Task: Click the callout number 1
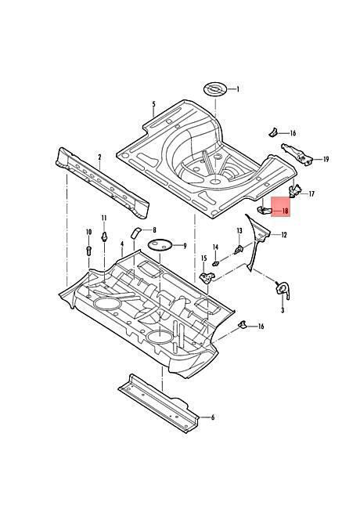pos(238,89)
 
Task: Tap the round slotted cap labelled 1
pos(215,89)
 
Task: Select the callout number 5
pos(153,104)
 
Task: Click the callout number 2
pos(99,157)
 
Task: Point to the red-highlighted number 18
pos(286,211)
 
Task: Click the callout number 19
pos(326,159)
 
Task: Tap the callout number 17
pos(311,193)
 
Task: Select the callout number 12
pos(284,235)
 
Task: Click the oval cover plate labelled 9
pos(160,244)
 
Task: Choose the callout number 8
pos(154,230)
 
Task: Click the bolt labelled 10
pos(89,251)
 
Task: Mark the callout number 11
pos(104,218)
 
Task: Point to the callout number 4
pos(122,244)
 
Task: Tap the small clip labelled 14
pos(216,263)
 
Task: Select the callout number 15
pos(203,258)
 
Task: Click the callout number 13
pos(239,231)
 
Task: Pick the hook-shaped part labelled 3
pos(282,290)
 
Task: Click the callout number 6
pos(213,417)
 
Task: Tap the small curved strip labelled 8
pos(135,233)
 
